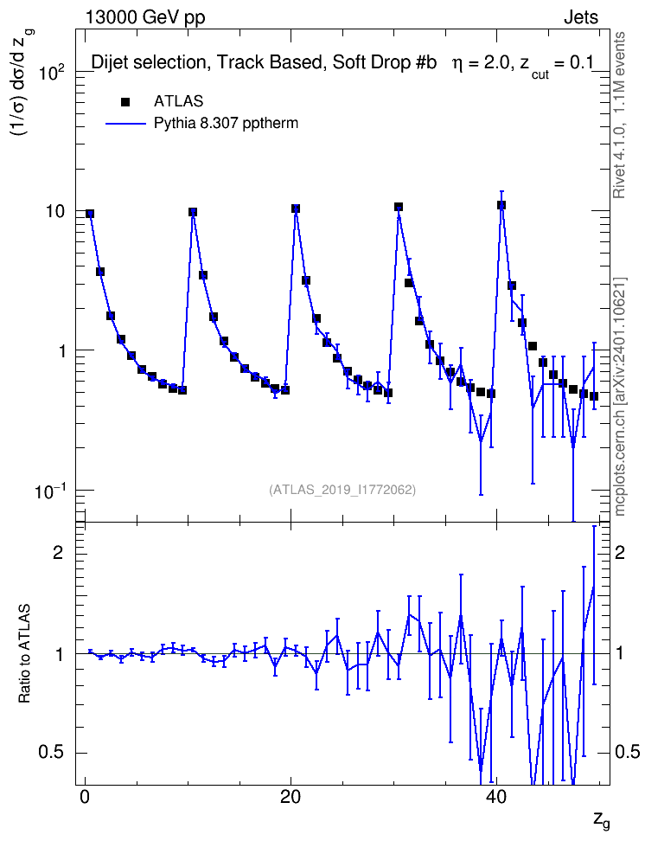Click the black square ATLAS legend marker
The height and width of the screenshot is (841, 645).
click(125, 102)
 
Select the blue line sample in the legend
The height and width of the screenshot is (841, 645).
click(125, 124)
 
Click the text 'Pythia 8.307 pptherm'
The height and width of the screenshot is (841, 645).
click(226, 124)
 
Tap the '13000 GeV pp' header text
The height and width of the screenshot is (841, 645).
click(144, 17)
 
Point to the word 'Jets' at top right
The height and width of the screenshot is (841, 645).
click(581, 17)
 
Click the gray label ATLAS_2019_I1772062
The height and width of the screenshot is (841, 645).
click(342, 490)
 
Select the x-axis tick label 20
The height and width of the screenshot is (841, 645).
click(291, 797)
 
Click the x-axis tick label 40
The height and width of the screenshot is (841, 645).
click(496, 797)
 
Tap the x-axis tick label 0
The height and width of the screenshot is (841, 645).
click(85, 797)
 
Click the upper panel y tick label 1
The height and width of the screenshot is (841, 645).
click(61, 350)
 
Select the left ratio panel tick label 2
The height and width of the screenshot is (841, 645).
click(59, 553)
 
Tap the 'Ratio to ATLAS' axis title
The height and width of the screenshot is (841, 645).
click(24, 654)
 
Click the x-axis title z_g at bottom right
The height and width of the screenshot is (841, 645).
click(601, 819)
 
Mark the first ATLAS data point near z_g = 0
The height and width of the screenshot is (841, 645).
click(90, 214)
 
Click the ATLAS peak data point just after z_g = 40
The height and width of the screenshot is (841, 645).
click(501, 205)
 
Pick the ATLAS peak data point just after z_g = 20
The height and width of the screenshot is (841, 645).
click(296, 209)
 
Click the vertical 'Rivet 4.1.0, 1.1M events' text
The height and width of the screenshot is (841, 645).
click(619, 115)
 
